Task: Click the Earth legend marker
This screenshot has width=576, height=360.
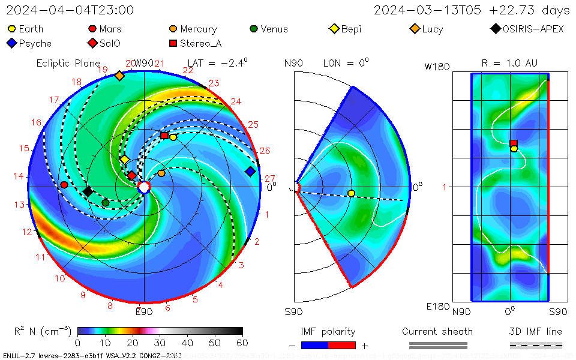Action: point(11,29)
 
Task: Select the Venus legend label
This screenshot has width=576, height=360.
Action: point(274,29)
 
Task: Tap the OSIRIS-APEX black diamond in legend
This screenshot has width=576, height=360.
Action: point(495,29)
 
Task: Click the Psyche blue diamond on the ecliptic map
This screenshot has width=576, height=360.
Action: point(250,172)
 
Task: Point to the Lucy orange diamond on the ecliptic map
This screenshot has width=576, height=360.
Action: point(119,76)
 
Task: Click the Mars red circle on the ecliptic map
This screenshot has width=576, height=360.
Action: point(64,185)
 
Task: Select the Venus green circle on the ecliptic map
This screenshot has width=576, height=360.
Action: point(106,203)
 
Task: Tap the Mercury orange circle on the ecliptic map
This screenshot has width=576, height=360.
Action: point(161,173)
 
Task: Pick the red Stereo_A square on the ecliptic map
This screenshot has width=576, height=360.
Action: point(164,136)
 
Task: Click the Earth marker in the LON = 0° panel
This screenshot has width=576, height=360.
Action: point(351,193)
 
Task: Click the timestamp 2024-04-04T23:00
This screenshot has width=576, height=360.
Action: point(70,10)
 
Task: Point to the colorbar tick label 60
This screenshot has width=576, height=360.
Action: point(242,343)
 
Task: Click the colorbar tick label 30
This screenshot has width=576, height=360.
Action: point(160,343)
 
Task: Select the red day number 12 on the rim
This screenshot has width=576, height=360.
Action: point(27,232)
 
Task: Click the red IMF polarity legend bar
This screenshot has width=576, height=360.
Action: point(342,346)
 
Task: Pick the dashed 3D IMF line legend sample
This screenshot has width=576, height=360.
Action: point(536,346)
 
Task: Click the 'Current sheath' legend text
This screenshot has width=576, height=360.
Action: point(437,332)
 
